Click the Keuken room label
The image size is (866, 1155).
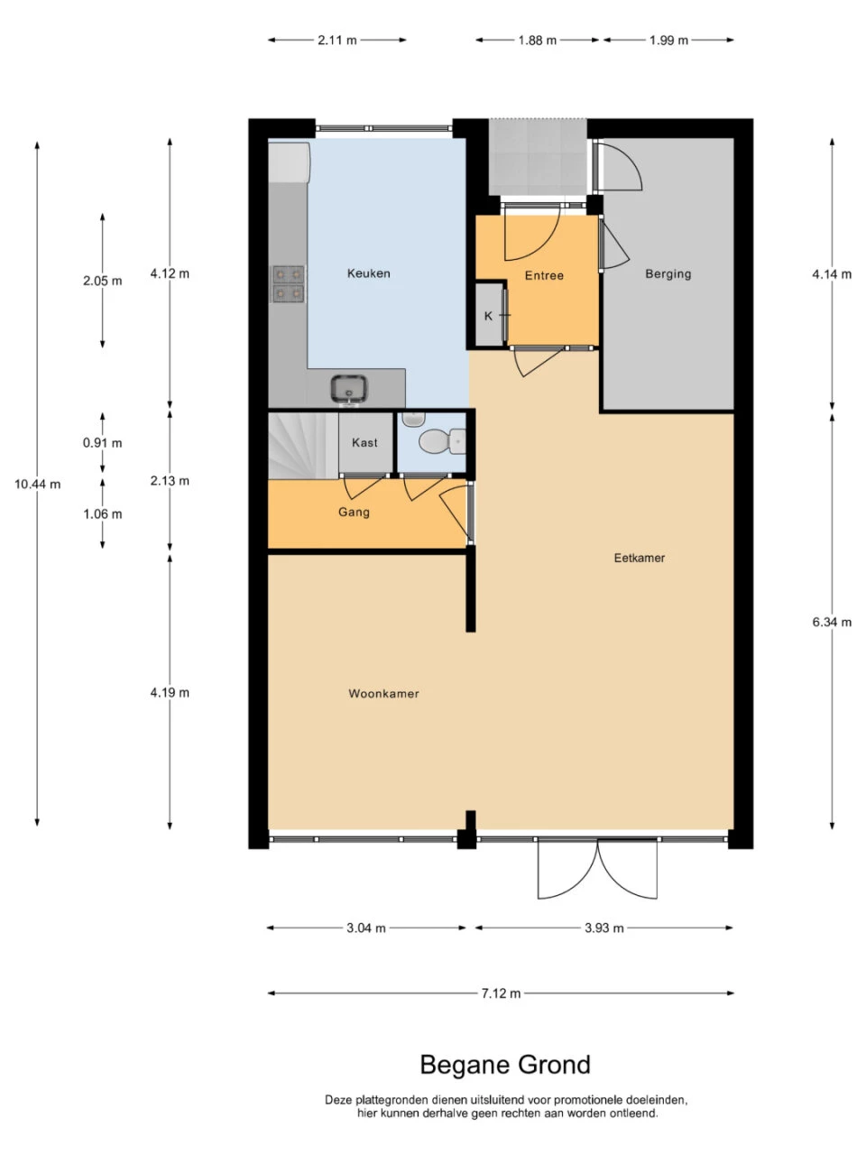[368, 273]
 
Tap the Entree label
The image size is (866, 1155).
[544, 275]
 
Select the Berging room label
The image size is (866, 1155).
[668, 273]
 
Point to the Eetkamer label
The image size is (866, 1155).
[639, 558]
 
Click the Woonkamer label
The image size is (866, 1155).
[383, 694]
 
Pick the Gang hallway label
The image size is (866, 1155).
[354, 512]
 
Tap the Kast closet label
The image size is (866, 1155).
[364, 442]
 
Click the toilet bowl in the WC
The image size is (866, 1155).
[442, 440]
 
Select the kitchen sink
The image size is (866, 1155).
[349, 390]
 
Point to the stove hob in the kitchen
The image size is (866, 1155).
[288, 284]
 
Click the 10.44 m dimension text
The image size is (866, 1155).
[37, 484]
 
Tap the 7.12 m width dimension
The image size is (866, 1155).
[501, 993]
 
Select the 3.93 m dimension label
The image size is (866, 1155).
[603, 929]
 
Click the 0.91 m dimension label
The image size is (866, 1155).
[102, 443]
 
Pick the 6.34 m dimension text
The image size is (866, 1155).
[832, 622]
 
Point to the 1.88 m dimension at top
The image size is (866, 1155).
[537, 40]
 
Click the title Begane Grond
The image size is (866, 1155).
[505, 1065]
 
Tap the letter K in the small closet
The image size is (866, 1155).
[488, 316]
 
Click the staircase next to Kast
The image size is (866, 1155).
[303, 446]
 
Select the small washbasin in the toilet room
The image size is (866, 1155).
[413, 419]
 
